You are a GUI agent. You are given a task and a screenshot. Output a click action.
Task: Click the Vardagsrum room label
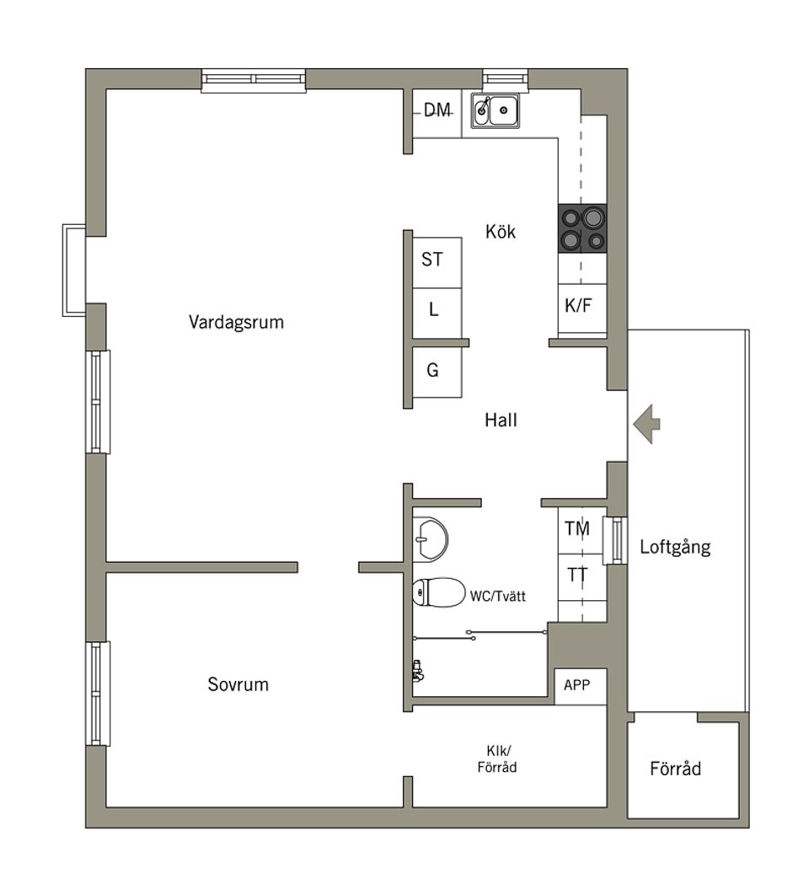236,322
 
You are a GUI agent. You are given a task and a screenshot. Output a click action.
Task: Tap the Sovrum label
238,684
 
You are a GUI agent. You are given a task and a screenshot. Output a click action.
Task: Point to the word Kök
501,231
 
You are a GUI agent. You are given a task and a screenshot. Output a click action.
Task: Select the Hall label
501,419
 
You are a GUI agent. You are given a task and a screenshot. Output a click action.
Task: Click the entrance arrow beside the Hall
646,424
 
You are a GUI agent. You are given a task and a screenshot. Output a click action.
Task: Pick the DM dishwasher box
437,110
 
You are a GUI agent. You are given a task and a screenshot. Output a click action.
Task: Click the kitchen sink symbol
496,110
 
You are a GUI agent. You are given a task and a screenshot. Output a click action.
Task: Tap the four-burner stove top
582,228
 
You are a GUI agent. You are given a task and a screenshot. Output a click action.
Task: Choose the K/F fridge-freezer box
579,306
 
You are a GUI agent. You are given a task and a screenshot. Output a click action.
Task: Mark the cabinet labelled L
434,310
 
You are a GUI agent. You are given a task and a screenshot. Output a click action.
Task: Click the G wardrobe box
433,371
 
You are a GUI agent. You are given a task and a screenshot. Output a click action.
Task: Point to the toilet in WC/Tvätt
438,592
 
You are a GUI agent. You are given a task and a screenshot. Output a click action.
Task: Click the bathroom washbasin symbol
431,538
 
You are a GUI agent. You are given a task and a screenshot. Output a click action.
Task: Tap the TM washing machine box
578,529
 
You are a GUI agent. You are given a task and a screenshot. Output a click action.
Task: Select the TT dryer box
578,576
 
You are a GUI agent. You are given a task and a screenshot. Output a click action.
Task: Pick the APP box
578,685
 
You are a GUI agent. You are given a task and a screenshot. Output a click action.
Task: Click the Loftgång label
675,546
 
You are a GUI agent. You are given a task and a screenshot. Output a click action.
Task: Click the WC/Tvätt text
498,596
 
